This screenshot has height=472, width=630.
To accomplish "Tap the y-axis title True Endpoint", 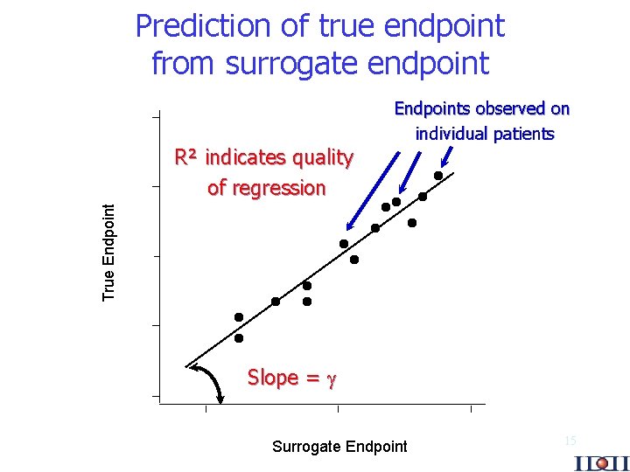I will tap(109, 252).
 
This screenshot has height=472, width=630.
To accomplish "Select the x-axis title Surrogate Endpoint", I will tap(339, 447).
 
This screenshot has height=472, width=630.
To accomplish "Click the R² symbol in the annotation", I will tap(185, 158).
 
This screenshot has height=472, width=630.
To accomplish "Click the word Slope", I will tap(272, 378).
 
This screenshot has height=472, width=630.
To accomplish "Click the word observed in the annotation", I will tap(510, 109).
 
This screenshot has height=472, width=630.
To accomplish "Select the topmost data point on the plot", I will tap(438, 176).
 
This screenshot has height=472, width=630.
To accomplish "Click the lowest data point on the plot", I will tap(239, 337).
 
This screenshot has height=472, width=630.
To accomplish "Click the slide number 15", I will tap(570, 441).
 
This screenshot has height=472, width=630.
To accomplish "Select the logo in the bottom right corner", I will tap(601, 461).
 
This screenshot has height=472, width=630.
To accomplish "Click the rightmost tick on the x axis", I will tap(471, 408).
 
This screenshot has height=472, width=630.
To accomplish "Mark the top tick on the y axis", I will tap(155, 115).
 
